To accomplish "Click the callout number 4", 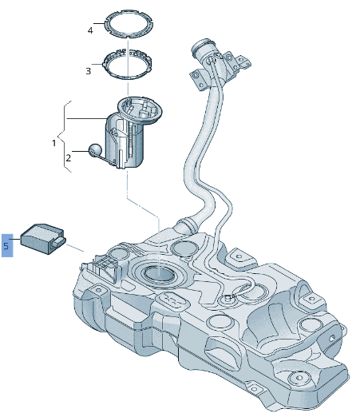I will pyautogui.click(x=90, y=30).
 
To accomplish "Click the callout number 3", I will pyautogui.click(x=89, y=70).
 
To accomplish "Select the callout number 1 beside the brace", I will pyautogui.click(x=54, y=143).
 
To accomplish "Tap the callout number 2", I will pyautogui.click(x=68, y=157).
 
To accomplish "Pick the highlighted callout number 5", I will pyautogui.click(x=6, y=246).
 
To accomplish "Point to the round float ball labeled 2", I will pyautogui.click(x=95, y=149).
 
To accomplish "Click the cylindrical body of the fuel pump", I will pyautogui.click(x=128, y=144).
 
